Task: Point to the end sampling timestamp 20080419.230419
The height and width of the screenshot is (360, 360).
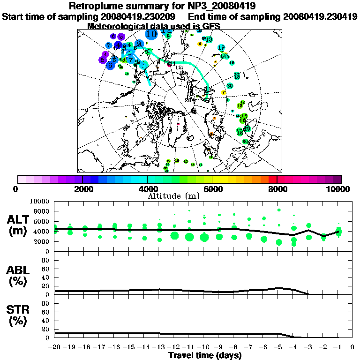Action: point(319,16)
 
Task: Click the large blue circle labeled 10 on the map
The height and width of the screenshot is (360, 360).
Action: point(151,33)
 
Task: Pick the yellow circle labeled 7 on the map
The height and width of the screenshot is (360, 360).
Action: point(224,92)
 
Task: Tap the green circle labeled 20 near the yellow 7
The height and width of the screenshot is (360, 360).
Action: point(230,86)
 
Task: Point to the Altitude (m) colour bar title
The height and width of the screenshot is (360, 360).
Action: point(174,195)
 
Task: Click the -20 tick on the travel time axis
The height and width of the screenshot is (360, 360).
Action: point(55,347)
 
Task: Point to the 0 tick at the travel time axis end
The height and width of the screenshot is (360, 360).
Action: point(352,347)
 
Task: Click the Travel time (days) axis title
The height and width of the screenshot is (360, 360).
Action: point(205,355)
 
